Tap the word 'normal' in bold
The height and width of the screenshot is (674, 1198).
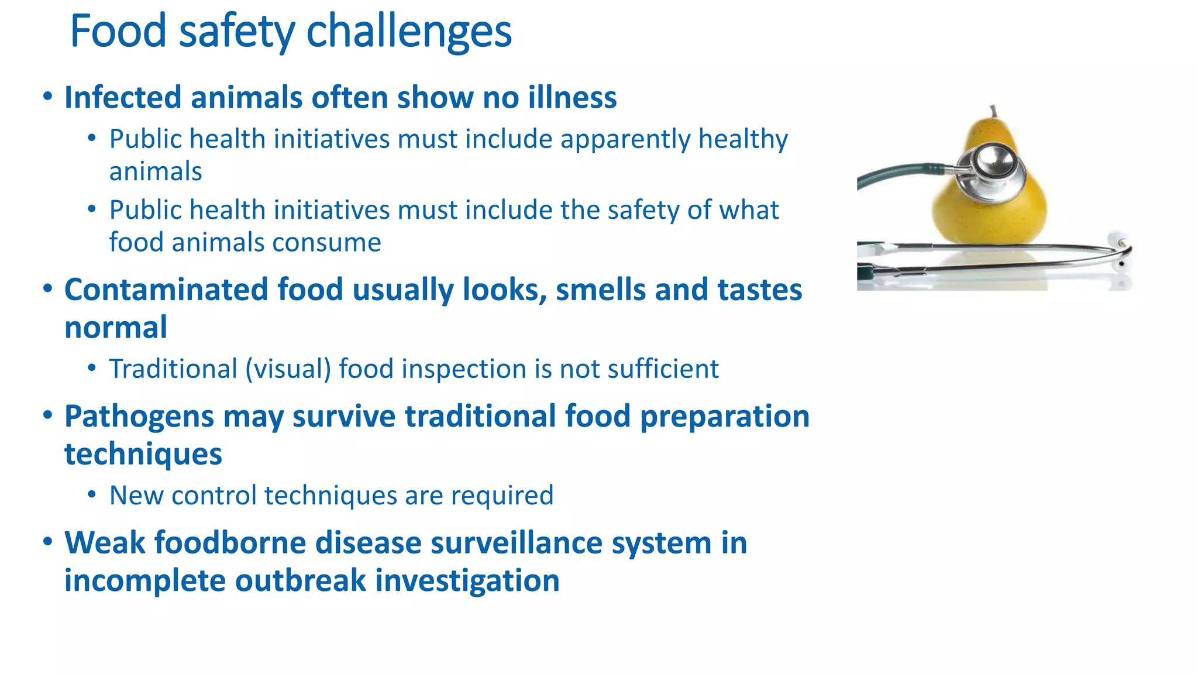[x=116, y=328]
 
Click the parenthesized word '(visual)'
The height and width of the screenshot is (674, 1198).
[x=288, y=370]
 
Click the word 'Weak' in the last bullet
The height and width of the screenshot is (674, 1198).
[x=105, y=543]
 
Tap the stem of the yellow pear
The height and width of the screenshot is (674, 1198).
[x=993, y=111]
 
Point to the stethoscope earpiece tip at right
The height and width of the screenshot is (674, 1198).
[x=1121, y=242]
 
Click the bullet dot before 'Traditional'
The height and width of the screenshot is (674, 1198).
[x=91, y=369]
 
